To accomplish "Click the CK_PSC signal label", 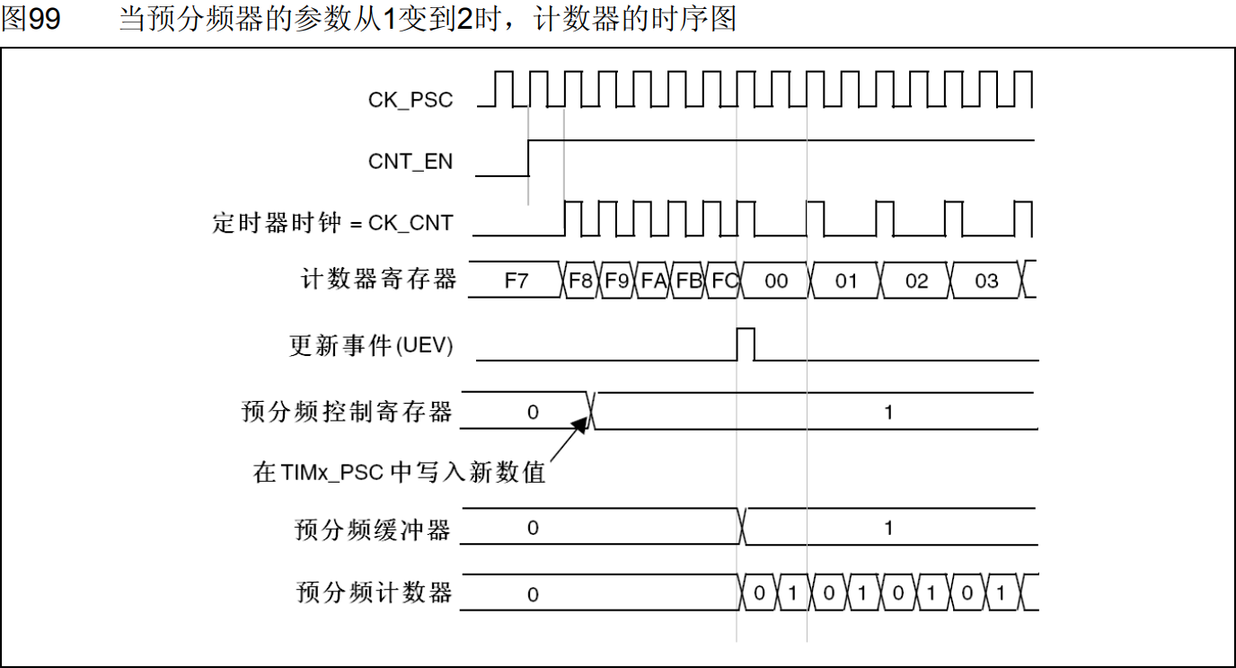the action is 411,101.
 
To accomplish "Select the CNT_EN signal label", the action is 411,162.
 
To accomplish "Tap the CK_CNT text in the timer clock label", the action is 411,223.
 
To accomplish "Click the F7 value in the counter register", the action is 516,281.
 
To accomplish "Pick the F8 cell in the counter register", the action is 580,281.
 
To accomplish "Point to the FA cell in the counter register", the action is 653,281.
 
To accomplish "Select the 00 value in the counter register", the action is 776,281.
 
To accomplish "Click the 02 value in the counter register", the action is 916,281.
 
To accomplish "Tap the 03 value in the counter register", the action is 986,281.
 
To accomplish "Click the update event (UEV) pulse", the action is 746,344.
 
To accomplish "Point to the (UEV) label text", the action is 424,345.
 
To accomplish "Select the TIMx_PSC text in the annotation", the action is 331,473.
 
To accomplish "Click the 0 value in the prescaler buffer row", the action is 533,528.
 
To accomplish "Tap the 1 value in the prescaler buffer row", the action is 888,529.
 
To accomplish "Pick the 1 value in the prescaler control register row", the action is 888,413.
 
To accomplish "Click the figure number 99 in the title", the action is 44,19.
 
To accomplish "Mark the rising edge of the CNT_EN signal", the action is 528,158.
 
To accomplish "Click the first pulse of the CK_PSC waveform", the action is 503,88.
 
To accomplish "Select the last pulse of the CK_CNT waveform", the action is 1023,218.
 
